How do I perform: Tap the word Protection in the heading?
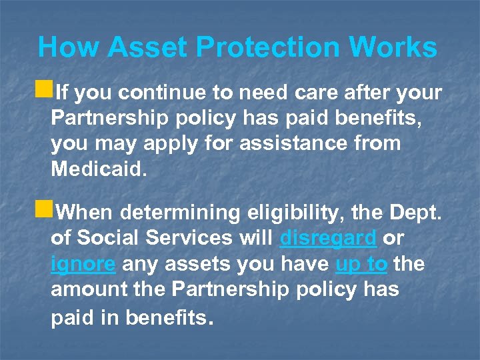(x=266, y=48)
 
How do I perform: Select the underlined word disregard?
(x=329, y=238)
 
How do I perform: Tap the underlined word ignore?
(x=83, y=264)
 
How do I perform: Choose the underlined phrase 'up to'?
(x=361, y=264)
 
